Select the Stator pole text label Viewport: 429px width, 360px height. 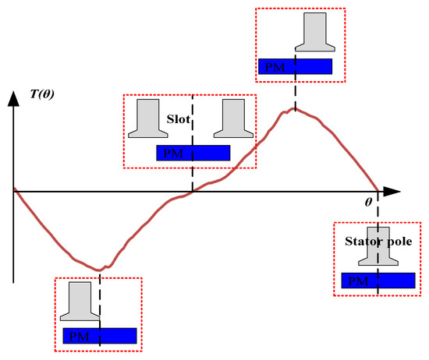(x=378, y=242)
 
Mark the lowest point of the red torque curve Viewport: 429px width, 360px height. (x=100, y=270)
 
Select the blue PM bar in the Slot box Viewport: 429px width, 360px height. (x=193, y=153)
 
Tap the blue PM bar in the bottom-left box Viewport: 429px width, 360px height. (x=100, y=336)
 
